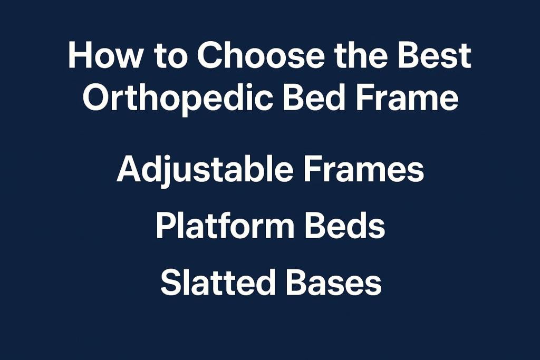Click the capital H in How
pyautogui.click(x=80, y=56)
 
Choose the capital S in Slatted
pyautogui.click(x=171, y=283)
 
